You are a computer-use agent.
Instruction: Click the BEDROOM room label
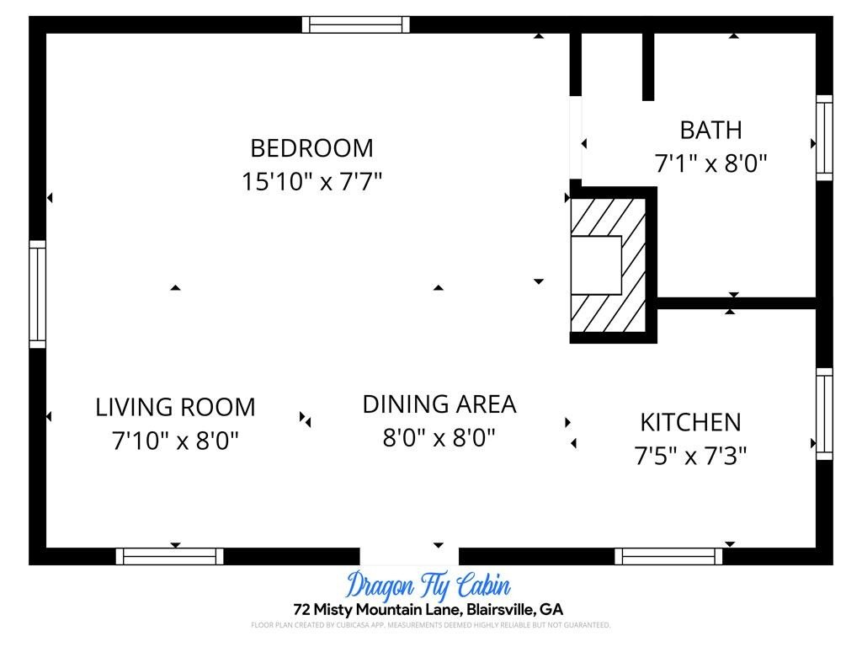tap(311, 148)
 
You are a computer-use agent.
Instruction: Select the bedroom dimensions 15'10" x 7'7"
tap(311, 181)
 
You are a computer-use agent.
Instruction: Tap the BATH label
tap(710, 131)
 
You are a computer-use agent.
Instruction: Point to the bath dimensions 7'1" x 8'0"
tap(710, 163)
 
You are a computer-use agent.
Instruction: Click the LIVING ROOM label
tap(175, 408)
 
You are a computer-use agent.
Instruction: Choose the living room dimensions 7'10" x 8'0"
tap(175, 441)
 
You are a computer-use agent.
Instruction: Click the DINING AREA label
tap(439, 404)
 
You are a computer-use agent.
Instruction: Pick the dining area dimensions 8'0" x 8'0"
tap(439, 438)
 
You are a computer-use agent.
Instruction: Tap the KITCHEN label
tap(690, 423)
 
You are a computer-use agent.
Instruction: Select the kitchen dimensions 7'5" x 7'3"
tap(690, 456)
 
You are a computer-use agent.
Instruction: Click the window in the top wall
tap(356, 24)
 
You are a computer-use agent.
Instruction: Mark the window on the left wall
tap(37, 294)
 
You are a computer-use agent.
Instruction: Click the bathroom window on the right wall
tap(824, 137)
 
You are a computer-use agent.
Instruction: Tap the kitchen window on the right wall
tap(824, 414)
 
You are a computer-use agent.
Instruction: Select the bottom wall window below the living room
tap(170, 556)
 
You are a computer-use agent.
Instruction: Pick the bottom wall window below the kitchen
tap(668, 556)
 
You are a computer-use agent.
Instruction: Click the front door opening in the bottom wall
tap(410, 556)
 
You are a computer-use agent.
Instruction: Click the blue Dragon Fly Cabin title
tap(428, 586)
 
